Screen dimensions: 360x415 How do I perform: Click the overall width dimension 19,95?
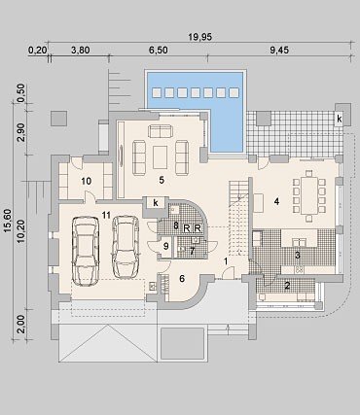tap(200, 37)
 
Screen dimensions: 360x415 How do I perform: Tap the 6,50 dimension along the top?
tap(158, 51)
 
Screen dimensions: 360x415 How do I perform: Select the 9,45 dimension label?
tap(279, 51)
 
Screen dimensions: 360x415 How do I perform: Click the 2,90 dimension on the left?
tap(21, 132)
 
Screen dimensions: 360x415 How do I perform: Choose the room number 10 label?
tap(86, 181)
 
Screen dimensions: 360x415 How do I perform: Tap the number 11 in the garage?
tap(106, 215)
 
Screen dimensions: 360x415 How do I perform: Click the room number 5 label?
tap(162, 180)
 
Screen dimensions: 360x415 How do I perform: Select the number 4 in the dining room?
tap(276, 201)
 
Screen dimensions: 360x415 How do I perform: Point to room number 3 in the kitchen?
tap(297, 255)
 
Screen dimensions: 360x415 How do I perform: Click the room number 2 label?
tap(287, 286)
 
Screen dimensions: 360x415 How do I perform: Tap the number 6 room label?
tap(182, 278)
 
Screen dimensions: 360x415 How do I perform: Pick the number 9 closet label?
tap(165, 246)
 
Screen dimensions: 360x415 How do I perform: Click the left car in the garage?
tap(86, 251)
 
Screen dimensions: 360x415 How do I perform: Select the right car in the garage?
tap(126, 247)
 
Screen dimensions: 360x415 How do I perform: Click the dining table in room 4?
tap(309, 195)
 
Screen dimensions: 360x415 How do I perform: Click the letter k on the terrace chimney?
tap(340, 119)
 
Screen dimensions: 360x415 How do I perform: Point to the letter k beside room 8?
tap(156, 203)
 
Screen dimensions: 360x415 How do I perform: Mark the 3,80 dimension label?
tap(80, 51)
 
